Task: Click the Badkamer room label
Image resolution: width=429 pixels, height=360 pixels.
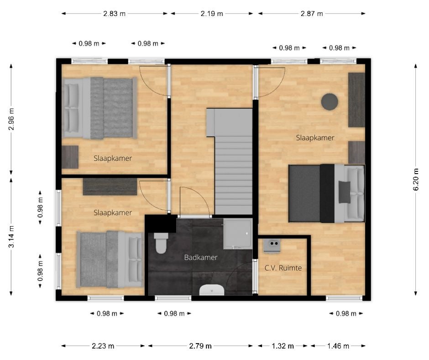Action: pyautogui.click(x=200, y=258)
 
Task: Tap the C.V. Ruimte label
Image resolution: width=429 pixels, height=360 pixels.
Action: pyautogui.click(x=283, y=268)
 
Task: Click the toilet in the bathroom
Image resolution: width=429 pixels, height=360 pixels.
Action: pyautogui.click(x=161, y=243)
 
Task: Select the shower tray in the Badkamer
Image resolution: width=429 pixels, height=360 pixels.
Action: pyautogui.click(x=238, y=234)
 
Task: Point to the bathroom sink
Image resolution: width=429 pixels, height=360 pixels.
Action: pyautogui.click(x=212, y=290)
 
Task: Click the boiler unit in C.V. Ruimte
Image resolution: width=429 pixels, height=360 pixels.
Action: pyautogui.click(x=272, y=245)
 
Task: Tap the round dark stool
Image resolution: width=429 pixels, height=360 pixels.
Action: pyautogui.click(x=330, y=101)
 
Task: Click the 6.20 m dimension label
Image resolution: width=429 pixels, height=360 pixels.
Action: pyautogui.click(x=416, y=180)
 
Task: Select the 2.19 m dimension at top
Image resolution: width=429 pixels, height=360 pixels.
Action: pyautogui.click(x=212, y=13)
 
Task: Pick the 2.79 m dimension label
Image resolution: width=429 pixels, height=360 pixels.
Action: pyautogui.click(x=200, y=346)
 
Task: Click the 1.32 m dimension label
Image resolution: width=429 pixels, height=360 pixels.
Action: pyautogui.click(x=283, y=346)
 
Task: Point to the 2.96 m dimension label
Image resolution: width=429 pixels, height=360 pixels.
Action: pyautogui.click(x=11, y=119)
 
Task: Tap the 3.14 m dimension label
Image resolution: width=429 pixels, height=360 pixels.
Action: pyautogui.click(x=11, y=237)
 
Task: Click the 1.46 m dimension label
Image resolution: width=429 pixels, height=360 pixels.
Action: pyautogui.click(x=338, y=346)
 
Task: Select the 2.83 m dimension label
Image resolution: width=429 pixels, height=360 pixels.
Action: pyautogui.click(x=115, y=13)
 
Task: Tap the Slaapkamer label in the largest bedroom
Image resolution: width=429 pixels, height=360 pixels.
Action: pyautogui.click(x=315, y=138)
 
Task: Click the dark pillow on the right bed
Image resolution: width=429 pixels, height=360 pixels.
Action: pyautogui.click(x=345, y=192)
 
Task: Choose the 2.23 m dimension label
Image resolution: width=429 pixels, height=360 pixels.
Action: pyautogui.click(x=103, y=346)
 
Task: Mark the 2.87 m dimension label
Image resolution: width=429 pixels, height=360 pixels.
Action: pyautogui.click(x=312, y=13)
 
